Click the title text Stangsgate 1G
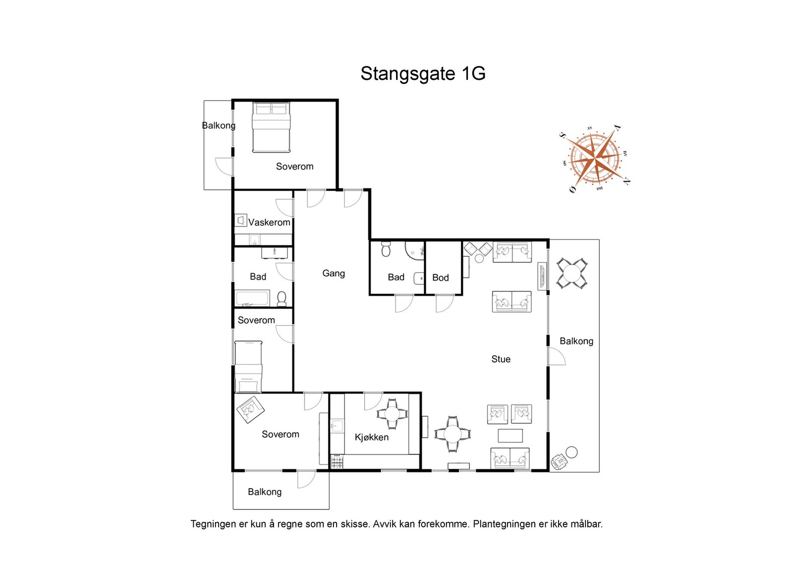[x=423, y=73]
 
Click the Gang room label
[x=334, y=273]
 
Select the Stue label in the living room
[x=501, y=359]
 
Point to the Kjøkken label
[x=372, y=437]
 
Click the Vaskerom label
[x=269, y=223]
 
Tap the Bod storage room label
[x=441, y=278]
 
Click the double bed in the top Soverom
[x=271, y=127]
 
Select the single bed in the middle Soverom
[x=248, y=367]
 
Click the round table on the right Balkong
[x=572, y=273]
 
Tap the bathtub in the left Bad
[x=252, y=299]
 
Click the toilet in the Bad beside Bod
[x=386, y=249]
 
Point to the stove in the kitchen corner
[x=337, y=462]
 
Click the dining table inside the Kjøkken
[x=392, y=414]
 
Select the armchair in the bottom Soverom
[x=250, y=409]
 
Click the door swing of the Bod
[x=445, y=303]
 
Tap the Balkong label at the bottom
[x=265, y=492]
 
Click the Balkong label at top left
[x=219, y=125]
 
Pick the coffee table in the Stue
[x=510, y=436]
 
